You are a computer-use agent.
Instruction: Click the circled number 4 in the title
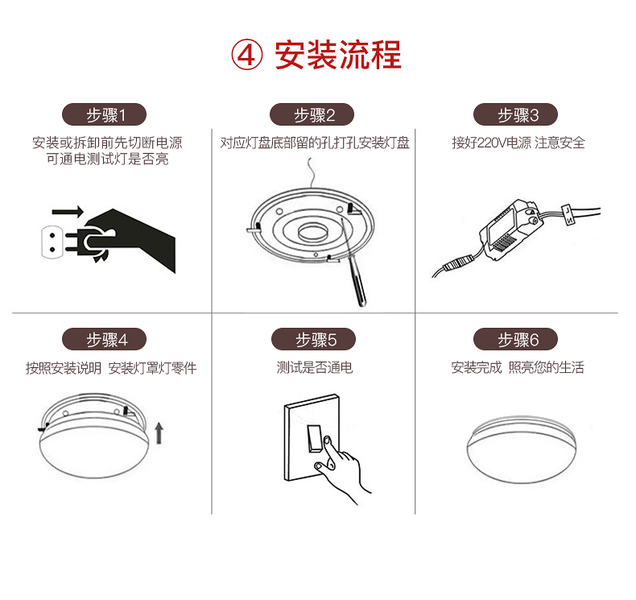(246, 56)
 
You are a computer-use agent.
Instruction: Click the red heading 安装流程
(338, 56)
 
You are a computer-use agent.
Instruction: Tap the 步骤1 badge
(104, 114)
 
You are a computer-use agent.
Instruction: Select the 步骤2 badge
(312, 114)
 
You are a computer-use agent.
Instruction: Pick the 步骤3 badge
(515, 114)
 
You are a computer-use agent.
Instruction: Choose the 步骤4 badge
(104, 339)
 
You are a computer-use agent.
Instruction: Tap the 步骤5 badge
(313, 339)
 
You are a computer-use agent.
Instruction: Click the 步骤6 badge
(515, 339)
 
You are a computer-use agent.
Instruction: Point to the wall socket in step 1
(52, 242)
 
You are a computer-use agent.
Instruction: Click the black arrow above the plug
(68, 211)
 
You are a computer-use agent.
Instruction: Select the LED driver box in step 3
(509, 230)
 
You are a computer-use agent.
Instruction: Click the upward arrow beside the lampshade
(159, 432)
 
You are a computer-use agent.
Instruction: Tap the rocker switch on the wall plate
(314, 438)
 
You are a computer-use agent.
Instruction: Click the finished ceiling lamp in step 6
(522, 449)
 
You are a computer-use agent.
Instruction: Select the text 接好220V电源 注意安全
(518, 143)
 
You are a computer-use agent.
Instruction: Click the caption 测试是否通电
(314, 367)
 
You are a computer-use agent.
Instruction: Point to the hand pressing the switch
(341, 469)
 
